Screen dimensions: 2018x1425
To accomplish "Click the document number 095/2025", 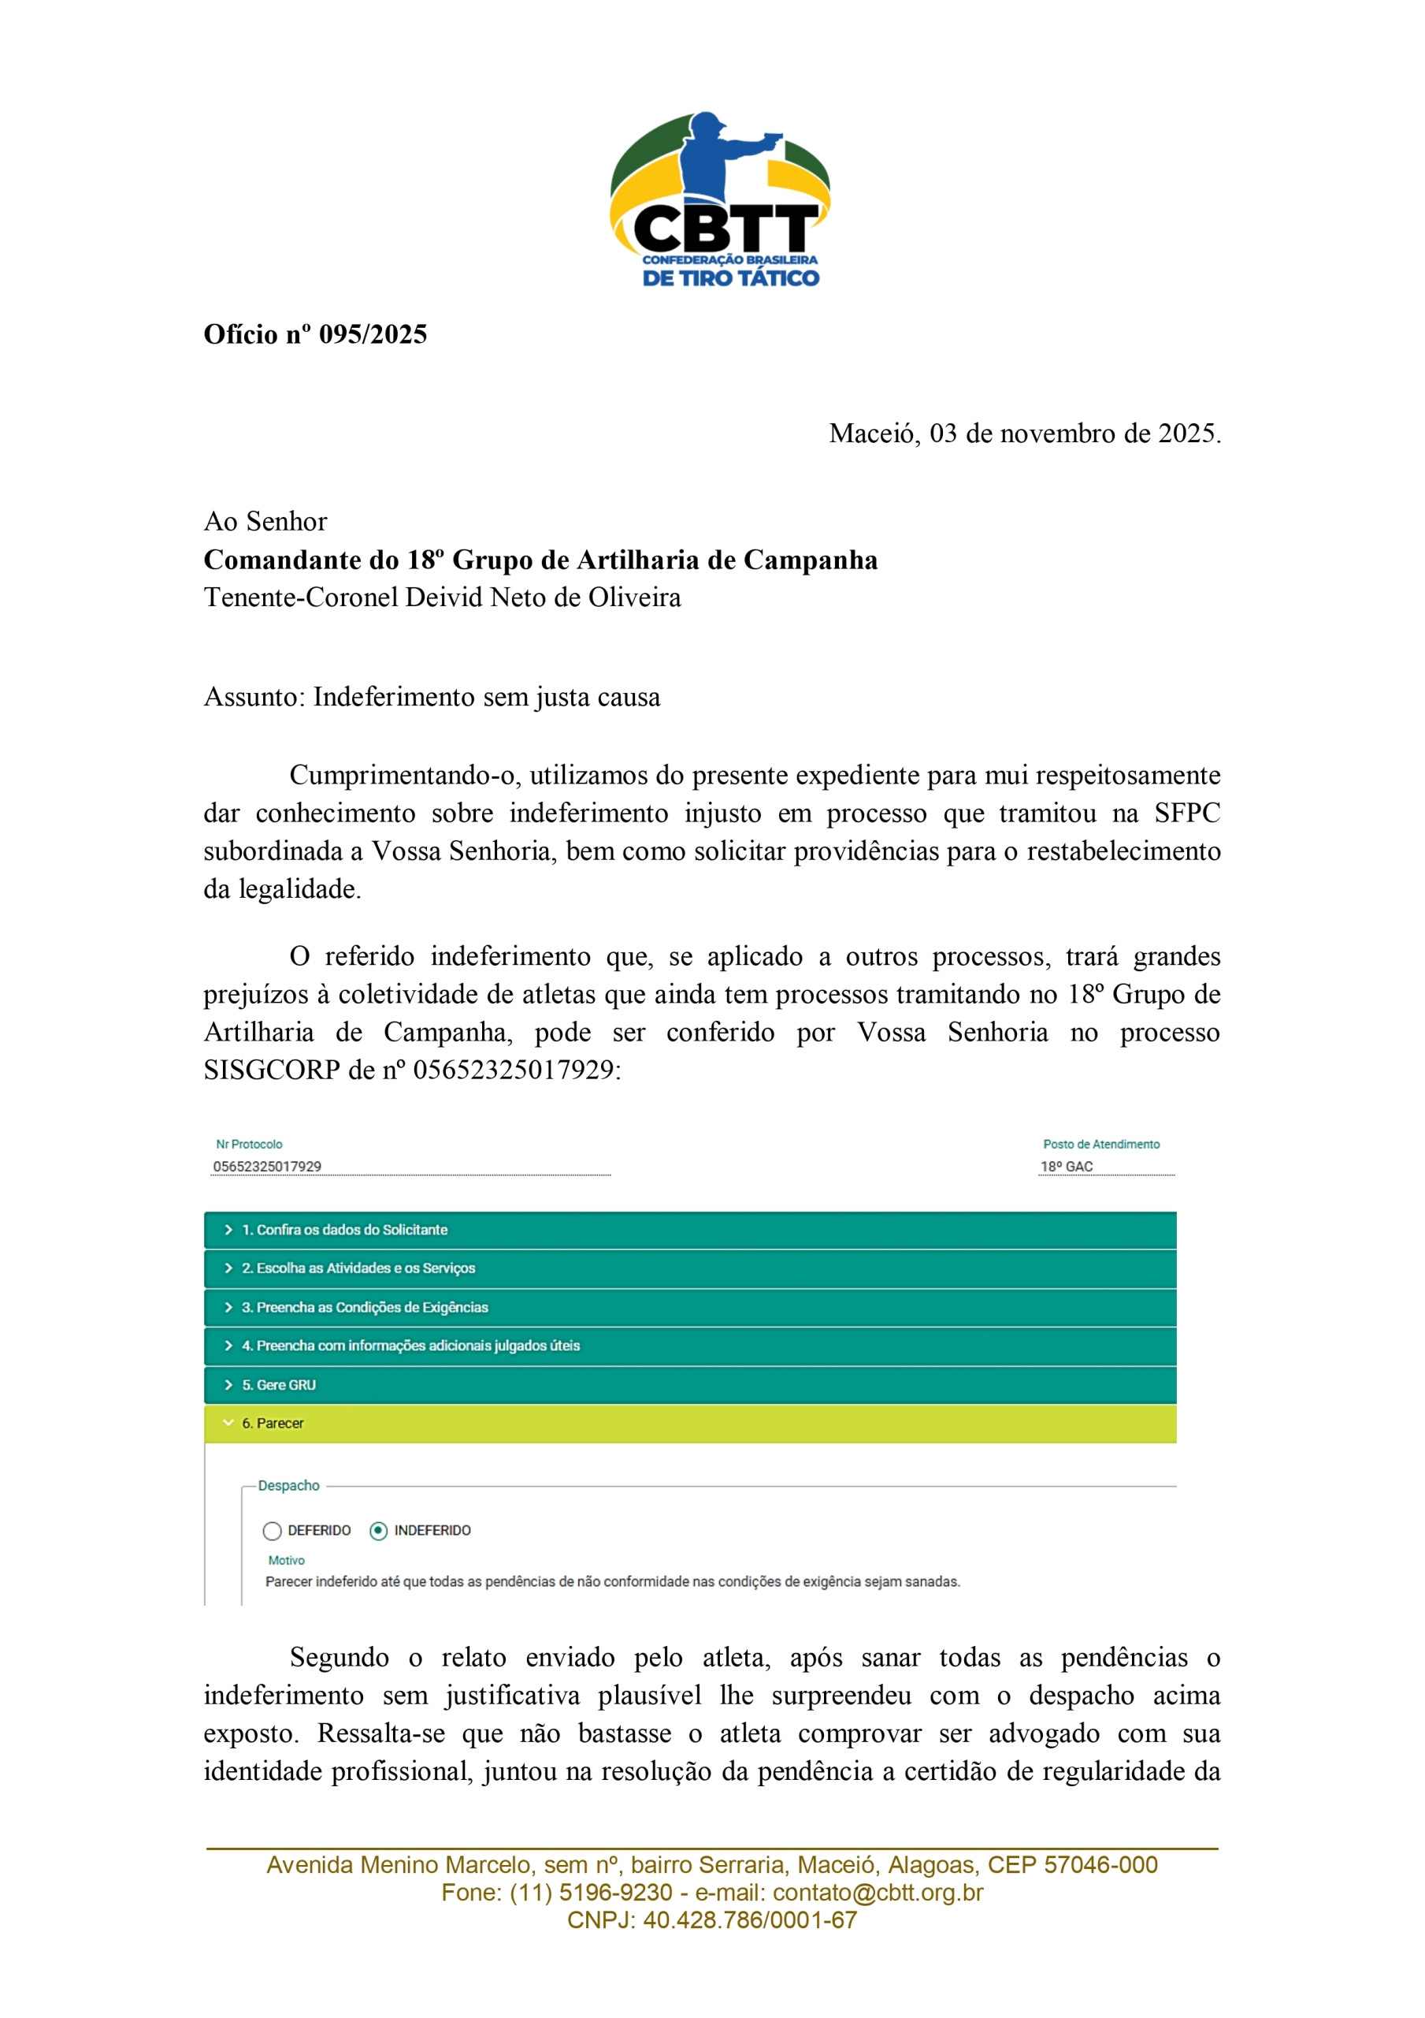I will point(373,335).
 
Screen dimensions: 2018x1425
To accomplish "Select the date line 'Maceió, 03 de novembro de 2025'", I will point(1024,434).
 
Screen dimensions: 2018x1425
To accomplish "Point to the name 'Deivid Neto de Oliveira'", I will point(543,598).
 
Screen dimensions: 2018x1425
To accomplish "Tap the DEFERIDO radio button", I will point(273,1531).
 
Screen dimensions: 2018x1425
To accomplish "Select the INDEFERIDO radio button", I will point(379,1531).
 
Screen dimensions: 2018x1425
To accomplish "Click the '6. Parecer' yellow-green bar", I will point(690,1423).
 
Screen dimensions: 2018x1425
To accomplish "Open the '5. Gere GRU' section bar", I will point(690,1384).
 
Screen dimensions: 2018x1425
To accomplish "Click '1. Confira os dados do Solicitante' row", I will point(690,1230).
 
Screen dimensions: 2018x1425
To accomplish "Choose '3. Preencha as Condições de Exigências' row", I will point(690,1307).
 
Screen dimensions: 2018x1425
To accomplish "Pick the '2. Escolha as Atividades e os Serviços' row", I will point(690,1268).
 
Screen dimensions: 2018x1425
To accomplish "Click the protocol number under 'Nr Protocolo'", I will point(267,1167).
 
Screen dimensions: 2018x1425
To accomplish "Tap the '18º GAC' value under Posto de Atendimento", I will point(1067,1167).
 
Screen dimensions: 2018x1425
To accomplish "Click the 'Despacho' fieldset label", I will point(288,1485).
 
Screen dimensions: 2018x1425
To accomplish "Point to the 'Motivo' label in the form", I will point(287,1560).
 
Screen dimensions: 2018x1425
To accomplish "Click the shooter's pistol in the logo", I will point(771,138).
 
